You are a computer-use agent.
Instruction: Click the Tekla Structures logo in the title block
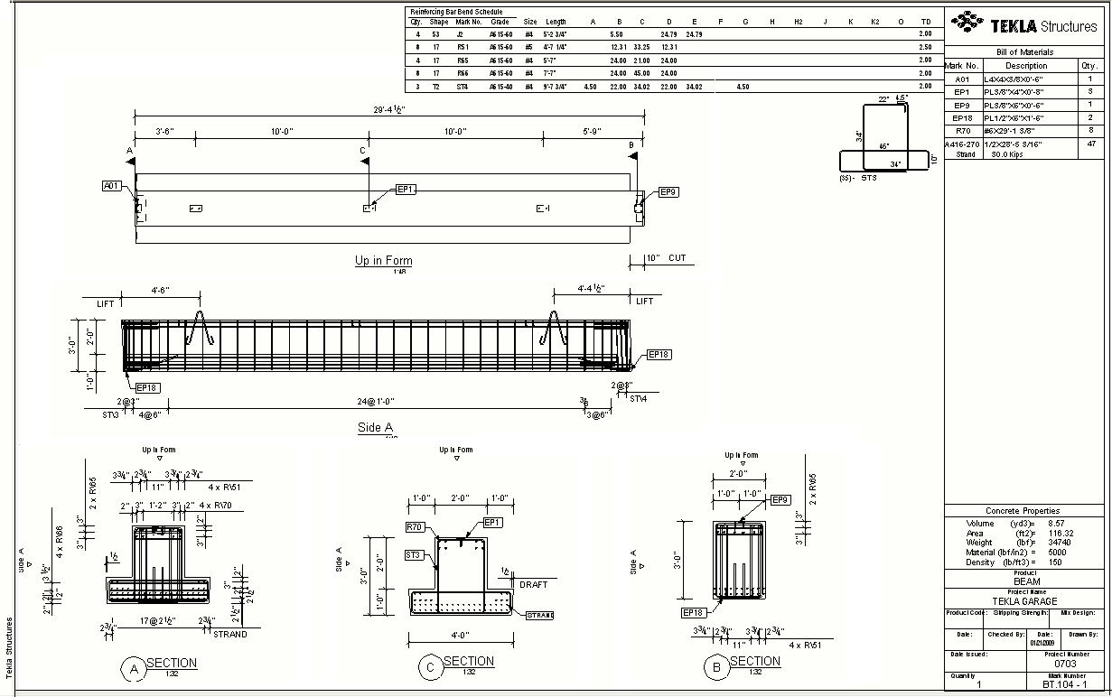(1024, 24)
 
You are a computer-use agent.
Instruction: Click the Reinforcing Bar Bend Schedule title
(456, 12)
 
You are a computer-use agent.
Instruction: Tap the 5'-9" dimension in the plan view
(593, 132)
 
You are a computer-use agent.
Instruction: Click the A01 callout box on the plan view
(111, 186)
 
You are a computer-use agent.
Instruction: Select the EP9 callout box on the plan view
(668, 191)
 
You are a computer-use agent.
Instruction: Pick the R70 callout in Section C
(415, 526)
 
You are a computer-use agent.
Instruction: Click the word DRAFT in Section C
(534, 584)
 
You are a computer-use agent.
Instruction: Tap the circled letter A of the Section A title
(134, 669)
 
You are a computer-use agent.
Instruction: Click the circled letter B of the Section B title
(716, 667)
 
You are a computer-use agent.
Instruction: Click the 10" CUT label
(665, 258)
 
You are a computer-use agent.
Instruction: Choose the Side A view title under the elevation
(375, 427)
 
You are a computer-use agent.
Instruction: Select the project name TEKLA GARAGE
(1024, 601)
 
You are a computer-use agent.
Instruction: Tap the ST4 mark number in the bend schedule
(463, 87)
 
